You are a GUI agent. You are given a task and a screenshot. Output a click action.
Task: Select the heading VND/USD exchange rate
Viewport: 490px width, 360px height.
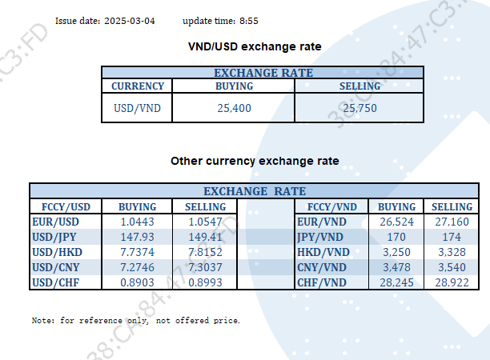click(x=254, y=47)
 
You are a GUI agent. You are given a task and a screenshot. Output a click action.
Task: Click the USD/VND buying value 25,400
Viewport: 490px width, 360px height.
click(x=235, y=107)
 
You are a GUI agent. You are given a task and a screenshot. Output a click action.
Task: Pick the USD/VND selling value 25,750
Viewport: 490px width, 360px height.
click(x=359, y=107)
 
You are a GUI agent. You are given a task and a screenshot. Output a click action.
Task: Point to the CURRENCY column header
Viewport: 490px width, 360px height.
click(x=138, y=86)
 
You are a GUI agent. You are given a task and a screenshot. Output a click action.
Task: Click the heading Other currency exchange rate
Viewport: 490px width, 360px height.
click(x=255, y=161)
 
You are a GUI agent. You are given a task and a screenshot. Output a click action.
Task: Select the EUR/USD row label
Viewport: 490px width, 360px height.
click(x=55, y=222)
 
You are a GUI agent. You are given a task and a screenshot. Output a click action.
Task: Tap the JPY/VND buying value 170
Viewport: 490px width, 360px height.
click(x=396, y=237)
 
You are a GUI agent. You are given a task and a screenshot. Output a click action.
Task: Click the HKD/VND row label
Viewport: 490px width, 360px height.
click(x=322, y=252)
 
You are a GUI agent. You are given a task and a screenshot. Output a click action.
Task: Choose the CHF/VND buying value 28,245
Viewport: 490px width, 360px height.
click(x=396, y=282)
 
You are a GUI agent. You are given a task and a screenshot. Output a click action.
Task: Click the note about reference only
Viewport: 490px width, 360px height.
click(x=136, y=321)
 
